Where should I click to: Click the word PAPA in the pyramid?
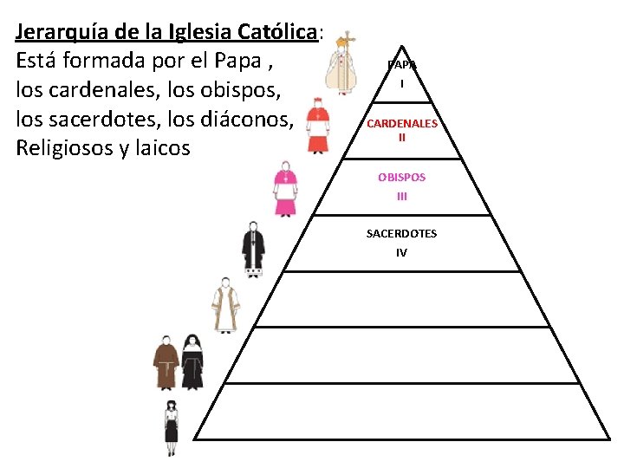(401, 65)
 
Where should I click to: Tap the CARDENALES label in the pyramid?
(401, 123)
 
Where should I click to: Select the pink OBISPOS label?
(401, 177)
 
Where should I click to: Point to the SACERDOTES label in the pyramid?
(401, 234)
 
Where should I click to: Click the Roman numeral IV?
(401, 253)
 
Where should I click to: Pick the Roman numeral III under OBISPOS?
(401, 196)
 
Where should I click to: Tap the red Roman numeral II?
(401, 137)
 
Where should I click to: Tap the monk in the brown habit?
(166, 362)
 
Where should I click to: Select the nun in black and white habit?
(192, 362)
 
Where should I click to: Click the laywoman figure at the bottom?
(172, 426)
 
